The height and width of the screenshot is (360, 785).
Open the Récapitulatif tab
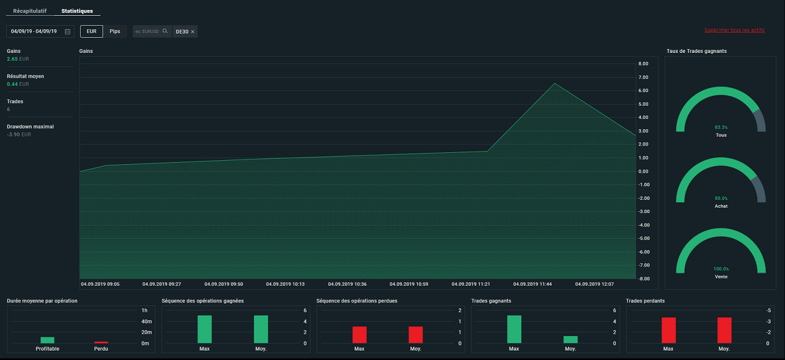30,11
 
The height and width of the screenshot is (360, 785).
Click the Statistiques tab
77,11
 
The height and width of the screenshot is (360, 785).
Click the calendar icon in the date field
68,31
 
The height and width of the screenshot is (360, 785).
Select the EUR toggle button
92,31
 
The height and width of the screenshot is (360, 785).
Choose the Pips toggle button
115,31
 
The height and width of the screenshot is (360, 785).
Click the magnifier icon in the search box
165,31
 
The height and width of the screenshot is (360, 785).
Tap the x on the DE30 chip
193,31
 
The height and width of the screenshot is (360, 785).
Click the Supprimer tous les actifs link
735,30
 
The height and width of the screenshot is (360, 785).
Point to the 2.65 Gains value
12,59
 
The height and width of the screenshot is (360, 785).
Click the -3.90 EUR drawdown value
19,134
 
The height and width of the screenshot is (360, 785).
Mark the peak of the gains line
555,83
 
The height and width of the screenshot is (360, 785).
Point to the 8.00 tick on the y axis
643,64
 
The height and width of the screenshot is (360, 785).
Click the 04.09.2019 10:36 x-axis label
347,284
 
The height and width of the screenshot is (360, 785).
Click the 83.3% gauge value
721,127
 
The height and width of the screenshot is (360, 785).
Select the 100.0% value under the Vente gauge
721,269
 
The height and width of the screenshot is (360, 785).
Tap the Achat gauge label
721,206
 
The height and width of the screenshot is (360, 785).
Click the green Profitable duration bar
47,340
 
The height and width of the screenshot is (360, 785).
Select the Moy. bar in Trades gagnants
570,340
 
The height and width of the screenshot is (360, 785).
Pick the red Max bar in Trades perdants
669,330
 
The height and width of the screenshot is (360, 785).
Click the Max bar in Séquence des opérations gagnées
205,330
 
